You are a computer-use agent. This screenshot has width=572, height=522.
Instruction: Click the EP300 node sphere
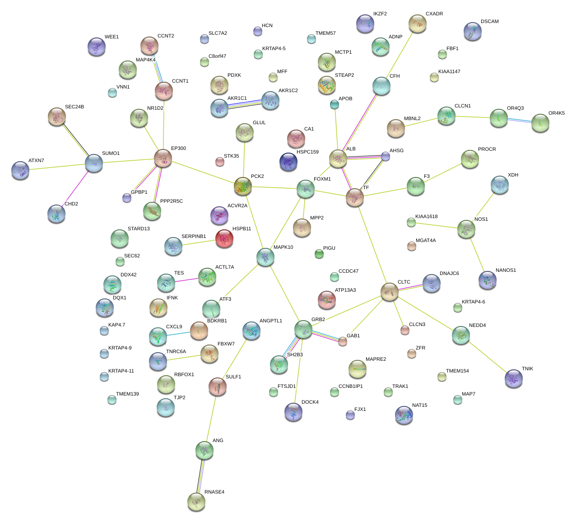tap(163, 158)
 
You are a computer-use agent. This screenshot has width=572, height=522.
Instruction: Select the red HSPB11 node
tap(224, 238)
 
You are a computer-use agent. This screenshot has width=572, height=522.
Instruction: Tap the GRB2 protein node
tap(303, 330)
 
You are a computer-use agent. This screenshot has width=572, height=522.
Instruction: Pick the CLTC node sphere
tap(389, 292)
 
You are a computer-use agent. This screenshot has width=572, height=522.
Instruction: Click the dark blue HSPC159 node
tap(288, 162)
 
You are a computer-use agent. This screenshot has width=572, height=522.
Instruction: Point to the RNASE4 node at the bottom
tap(196, 501)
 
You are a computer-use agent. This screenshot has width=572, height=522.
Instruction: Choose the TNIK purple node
tap(513, 378)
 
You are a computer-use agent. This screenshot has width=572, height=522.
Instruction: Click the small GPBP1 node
tap(127, 198)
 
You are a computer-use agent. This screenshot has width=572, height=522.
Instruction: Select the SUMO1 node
tap(94, 163)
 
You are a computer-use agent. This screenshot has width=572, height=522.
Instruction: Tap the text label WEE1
tap(112, 37)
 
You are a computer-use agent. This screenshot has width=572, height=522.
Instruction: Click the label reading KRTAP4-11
tap(121, 371)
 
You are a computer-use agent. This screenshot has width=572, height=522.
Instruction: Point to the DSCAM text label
tap(489, 22)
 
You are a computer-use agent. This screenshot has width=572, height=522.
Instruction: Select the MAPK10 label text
tap(283, 247)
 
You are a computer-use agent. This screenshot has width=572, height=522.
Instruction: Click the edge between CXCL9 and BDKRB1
tap(178, 334)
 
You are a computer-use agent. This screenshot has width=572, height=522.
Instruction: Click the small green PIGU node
tap(319, 254)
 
